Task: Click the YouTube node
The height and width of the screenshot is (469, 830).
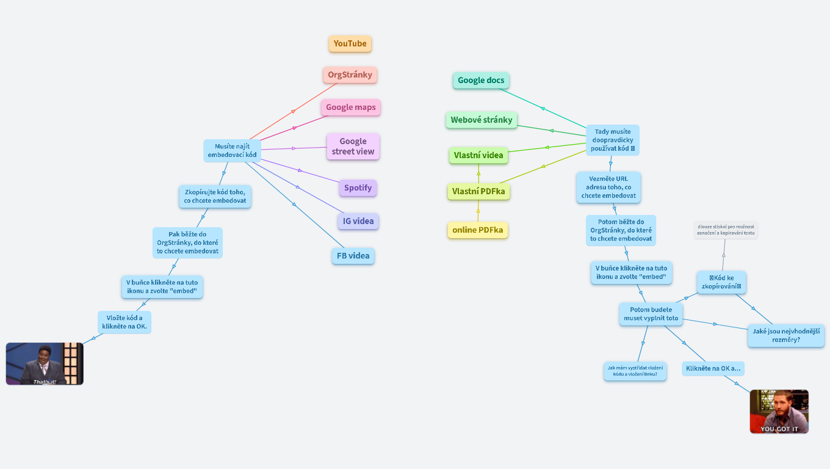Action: pos(350,43)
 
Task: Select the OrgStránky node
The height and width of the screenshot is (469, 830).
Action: pos(350,75)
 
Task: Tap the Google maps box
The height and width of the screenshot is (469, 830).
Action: pos(351,107)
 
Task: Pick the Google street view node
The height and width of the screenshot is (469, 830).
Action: pos(353,147)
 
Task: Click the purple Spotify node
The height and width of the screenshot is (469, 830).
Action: pos(358,188)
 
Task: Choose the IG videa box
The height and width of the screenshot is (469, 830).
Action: pos(358,221)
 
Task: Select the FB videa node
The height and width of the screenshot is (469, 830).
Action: pos(353,256)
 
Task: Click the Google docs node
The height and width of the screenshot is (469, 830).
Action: pos(481,80)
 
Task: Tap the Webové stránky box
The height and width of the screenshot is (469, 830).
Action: pos(482,120)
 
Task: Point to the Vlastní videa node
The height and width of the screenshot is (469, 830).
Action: pos(478,155)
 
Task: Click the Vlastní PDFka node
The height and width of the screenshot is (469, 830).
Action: pos(478,192)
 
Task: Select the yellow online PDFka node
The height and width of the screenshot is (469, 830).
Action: pos(478,230)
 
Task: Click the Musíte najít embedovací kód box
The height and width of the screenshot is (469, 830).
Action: pos(232,151)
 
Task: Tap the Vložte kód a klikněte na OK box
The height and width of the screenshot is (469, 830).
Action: pos(125,322)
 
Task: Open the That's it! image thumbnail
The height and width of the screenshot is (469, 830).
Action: pos(45,363)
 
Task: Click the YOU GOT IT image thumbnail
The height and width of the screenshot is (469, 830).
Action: pos(779,411)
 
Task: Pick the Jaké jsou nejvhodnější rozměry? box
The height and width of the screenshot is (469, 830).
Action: pos(786,336)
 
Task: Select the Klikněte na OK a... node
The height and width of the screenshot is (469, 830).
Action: pos(713,368)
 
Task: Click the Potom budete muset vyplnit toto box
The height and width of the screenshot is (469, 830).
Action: pos(651,314)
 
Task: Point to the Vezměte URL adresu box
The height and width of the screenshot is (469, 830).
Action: pos(608,187)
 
